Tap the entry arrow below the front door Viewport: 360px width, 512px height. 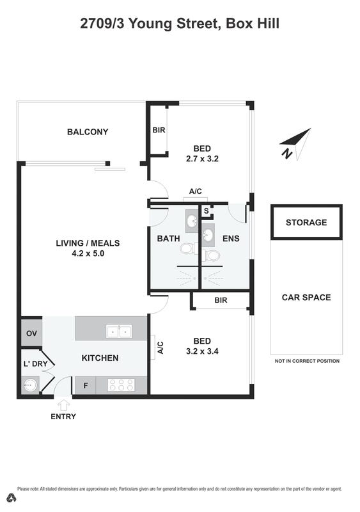coord(63,405)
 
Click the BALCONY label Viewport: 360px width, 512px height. coord(88,132)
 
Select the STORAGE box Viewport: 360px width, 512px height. coord(306,222)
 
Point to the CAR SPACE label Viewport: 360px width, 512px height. coord(306,297)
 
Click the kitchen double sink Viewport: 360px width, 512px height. coord(119,331)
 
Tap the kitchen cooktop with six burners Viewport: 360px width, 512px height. coord(121,385)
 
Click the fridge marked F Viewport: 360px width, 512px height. coord(86,385)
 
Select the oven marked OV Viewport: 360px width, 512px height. coord(31,333)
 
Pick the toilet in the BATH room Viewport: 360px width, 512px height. coord(189,249)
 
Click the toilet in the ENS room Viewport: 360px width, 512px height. coord(211,255)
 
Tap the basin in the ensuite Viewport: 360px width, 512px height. coord(208,234)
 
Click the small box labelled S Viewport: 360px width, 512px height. coord(207,211)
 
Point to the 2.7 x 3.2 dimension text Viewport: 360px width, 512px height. coord(202,159)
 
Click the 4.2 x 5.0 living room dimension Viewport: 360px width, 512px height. coord(88,253)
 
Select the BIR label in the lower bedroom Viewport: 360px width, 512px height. coord(221,300)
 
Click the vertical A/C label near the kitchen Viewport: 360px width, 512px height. coord(160,348)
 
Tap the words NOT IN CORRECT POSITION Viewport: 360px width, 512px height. coord(307,361)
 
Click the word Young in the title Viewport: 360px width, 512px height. coord(150,24)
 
